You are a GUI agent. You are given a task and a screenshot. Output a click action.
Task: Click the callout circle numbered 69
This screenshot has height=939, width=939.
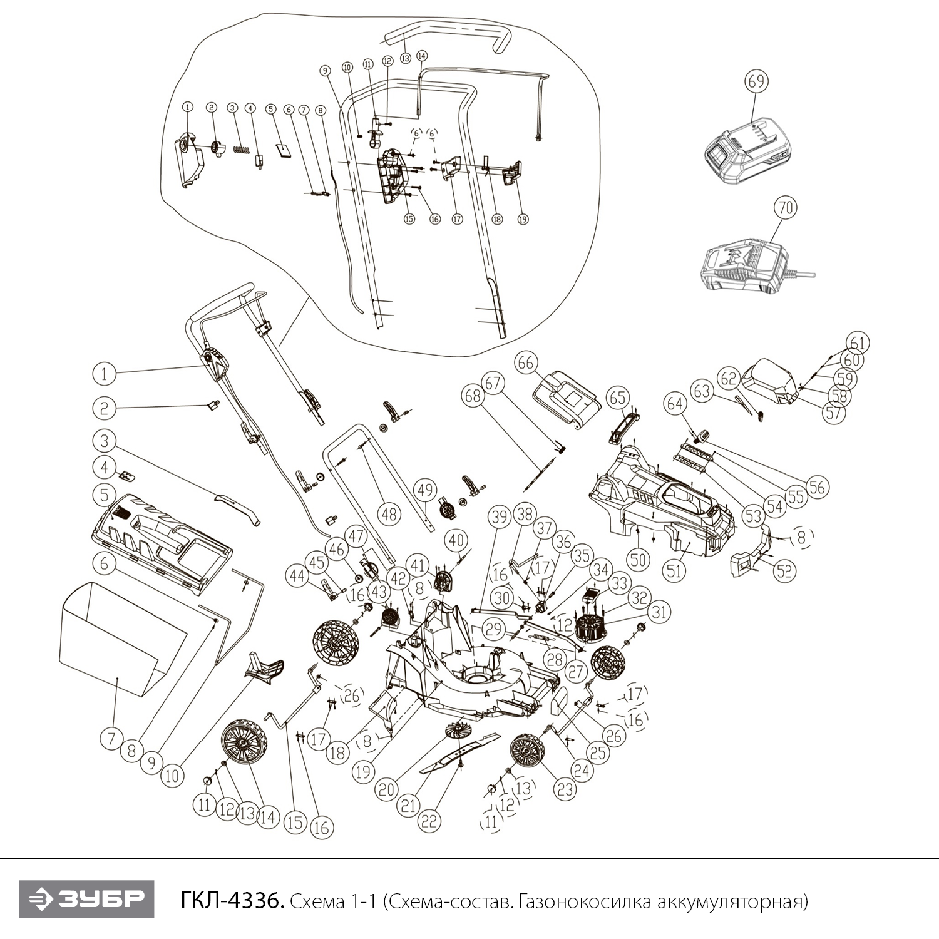coord(757,81)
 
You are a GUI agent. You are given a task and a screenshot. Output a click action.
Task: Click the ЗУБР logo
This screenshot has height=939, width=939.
coord(87,900)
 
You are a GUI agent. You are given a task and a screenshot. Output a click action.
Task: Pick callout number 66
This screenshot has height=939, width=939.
coord(526,362)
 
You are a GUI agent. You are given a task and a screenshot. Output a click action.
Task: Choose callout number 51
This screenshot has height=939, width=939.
coord(674,570)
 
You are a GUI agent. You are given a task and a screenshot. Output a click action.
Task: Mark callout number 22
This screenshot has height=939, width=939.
coord(429,821)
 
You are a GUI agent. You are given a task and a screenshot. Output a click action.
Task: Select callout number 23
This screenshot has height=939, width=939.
coord(565,789)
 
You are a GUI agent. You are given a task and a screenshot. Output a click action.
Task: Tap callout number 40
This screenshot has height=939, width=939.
coord(456,540)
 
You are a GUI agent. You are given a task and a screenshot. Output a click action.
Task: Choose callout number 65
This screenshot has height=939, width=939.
coord(618,397)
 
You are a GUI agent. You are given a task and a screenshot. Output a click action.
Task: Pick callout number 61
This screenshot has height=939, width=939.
coord(859,343)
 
